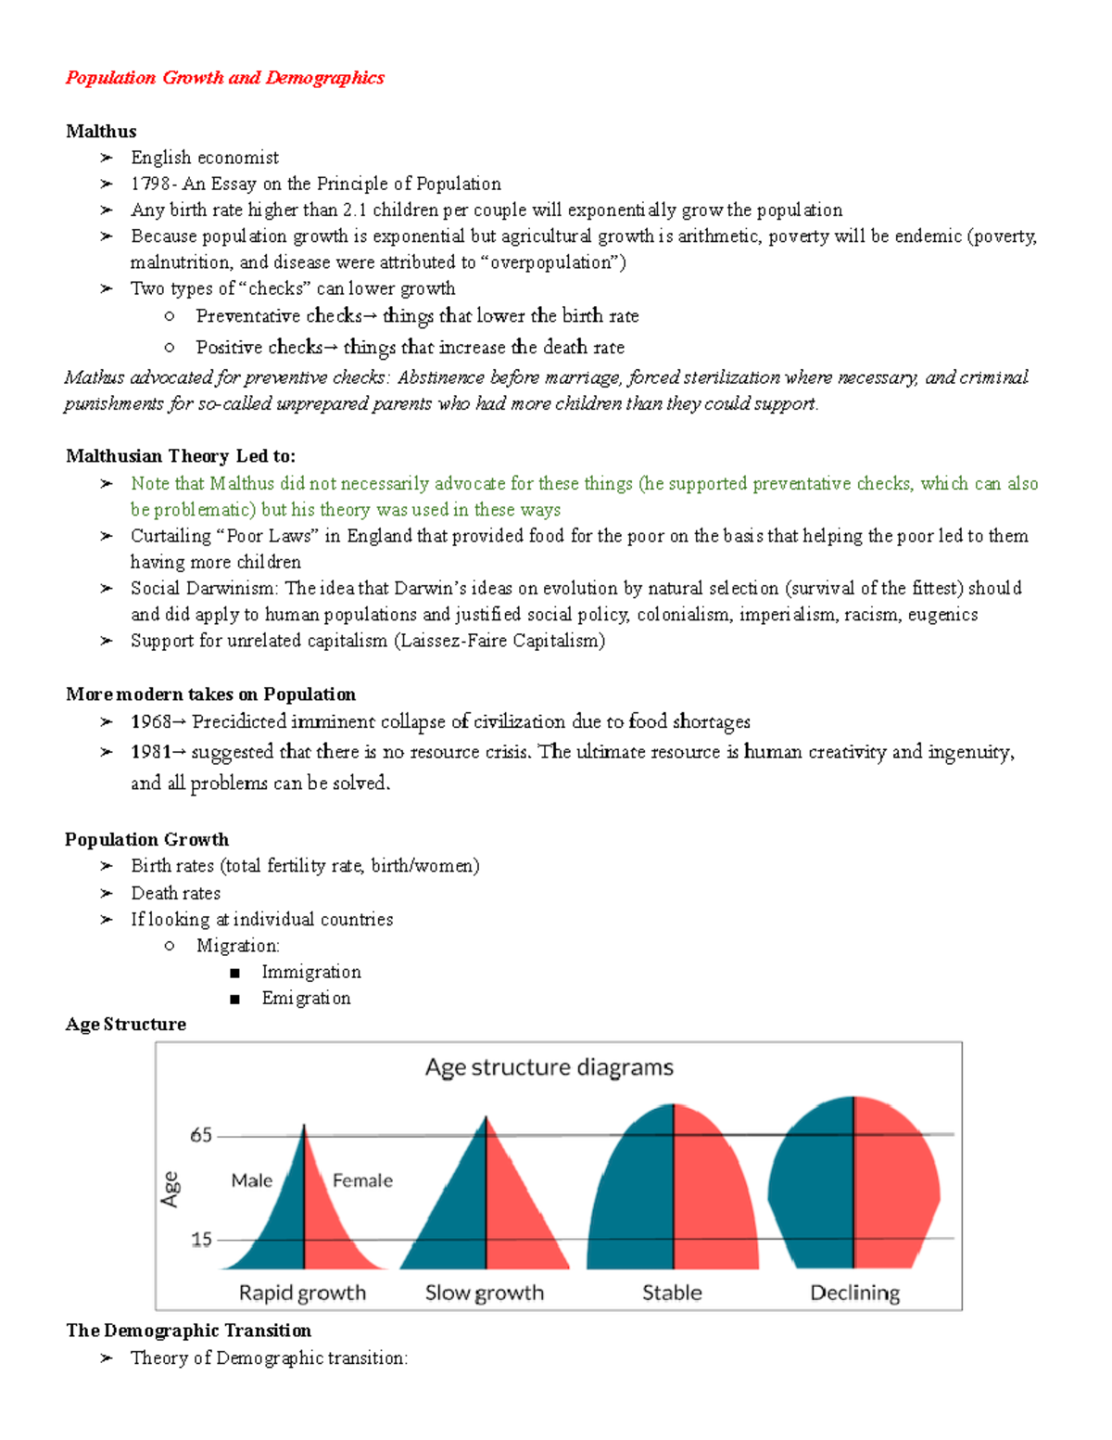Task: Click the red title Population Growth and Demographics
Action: click(x=224, y=78)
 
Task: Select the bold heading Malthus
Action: click(x=101, y=132)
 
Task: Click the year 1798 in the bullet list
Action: click(x=150, y=184)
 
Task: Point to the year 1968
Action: click(x=150, y=721)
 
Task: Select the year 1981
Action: click(x=150, y=752)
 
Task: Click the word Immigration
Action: click(x=311, y=972)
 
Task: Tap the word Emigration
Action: click(x=306, y=999)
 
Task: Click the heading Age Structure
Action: click(x=126, y=1025)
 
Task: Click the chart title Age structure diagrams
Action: click(x=549, y=1067)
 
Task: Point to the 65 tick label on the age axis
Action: click(x=201, y=1135)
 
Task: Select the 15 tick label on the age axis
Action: click(x=201, y=1240)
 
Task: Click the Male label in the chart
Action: click(x=252, y=1180)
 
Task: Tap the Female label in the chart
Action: click(x=362, y=1180)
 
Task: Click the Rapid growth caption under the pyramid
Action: click(x=302, y=1293)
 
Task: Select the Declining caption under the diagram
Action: click(x=854, y=1293)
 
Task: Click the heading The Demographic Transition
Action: click(x=189, y=1331)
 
